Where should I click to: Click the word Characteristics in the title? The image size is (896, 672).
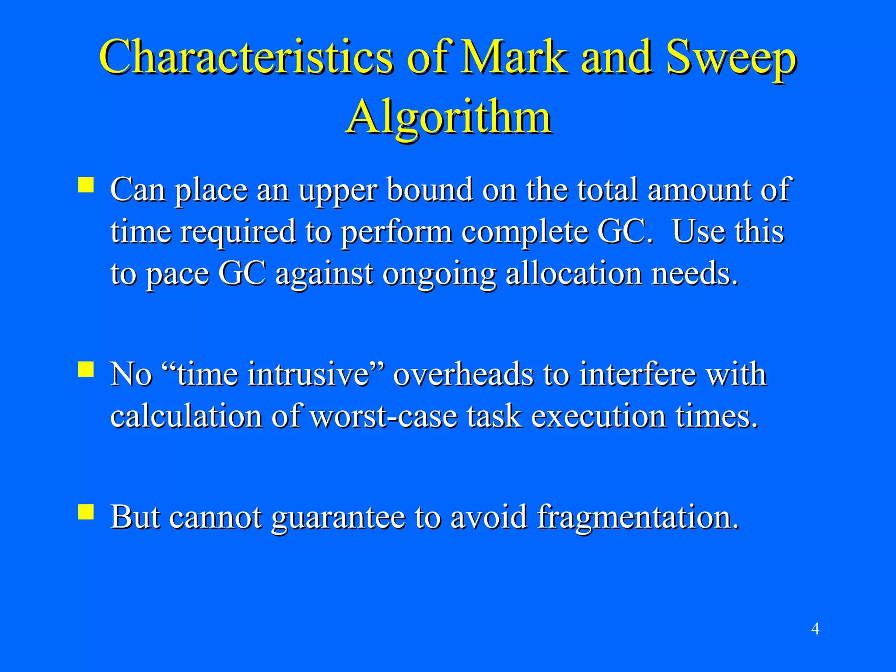tap(246, 57)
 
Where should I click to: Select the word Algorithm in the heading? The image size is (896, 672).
tap(449, 117)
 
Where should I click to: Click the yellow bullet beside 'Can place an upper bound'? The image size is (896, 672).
tap(86, 185)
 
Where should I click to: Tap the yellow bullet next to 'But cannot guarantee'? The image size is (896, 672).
tap(86, 511)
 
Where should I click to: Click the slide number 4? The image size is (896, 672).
tap(815, 629)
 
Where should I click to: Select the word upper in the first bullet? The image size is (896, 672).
tap(337, 191)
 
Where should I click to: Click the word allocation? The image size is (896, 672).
tap(574, 274)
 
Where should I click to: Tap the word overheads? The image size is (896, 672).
tap(464, 374)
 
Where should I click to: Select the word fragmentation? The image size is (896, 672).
tap(637, 518)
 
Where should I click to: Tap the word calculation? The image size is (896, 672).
tap(186, 416)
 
